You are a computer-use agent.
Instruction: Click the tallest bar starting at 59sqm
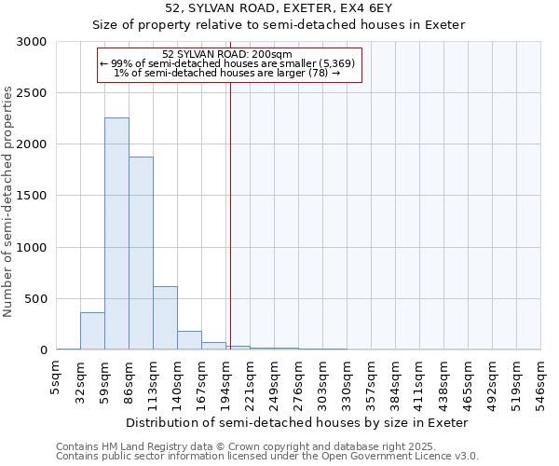point(116,233)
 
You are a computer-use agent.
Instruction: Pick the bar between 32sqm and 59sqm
point(92,331)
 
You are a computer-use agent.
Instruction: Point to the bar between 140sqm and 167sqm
point(189,340)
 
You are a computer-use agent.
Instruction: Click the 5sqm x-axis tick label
point(56,377)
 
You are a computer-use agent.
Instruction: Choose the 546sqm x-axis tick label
point(540,382)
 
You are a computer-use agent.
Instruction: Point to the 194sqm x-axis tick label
point(225,382)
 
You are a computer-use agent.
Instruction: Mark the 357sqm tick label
point(371,382)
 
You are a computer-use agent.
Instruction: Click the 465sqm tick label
point(468,382)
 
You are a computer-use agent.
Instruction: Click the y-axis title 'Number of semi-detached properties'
point(8,201)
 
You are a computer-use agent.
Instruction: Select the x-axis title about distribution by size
point(298,422)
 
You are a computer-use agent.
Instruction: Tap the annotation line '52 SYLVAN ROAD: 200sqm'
point(227,54)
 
